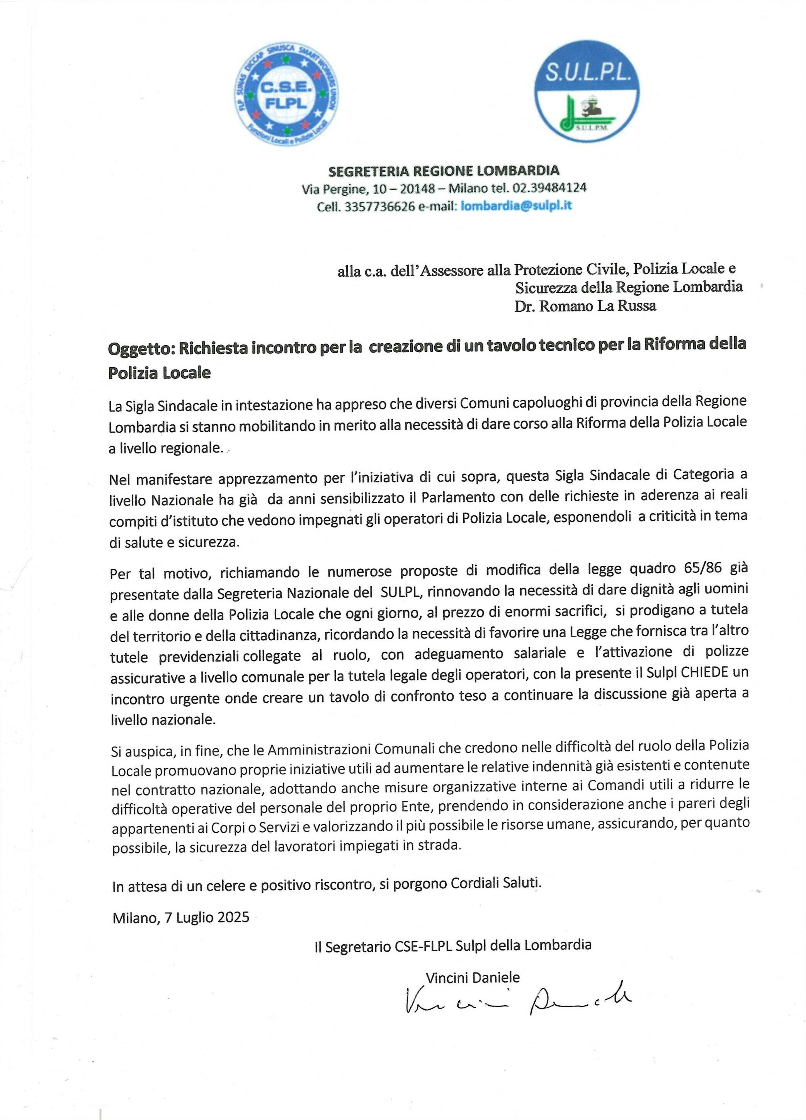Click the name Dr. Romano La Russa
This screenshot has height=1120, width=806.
click(x=585, y=306)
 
